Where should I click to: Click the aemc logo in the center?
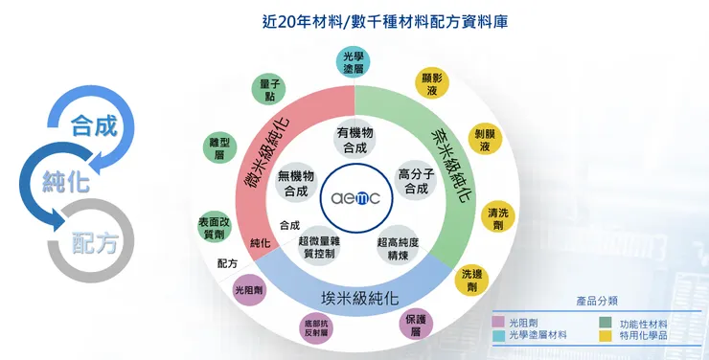point(354,197)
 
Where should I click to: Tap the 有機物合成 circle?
point(354,140)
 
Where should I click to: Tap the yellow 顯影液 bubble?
point(432,85)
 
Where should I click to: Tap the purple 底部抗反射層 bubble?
point(316,327)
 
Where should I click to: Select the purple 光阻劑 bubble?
point(249,289)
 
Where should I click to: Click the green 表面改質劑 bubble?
point(214,226)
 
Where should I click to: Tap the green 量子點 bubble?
point(269,90)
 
